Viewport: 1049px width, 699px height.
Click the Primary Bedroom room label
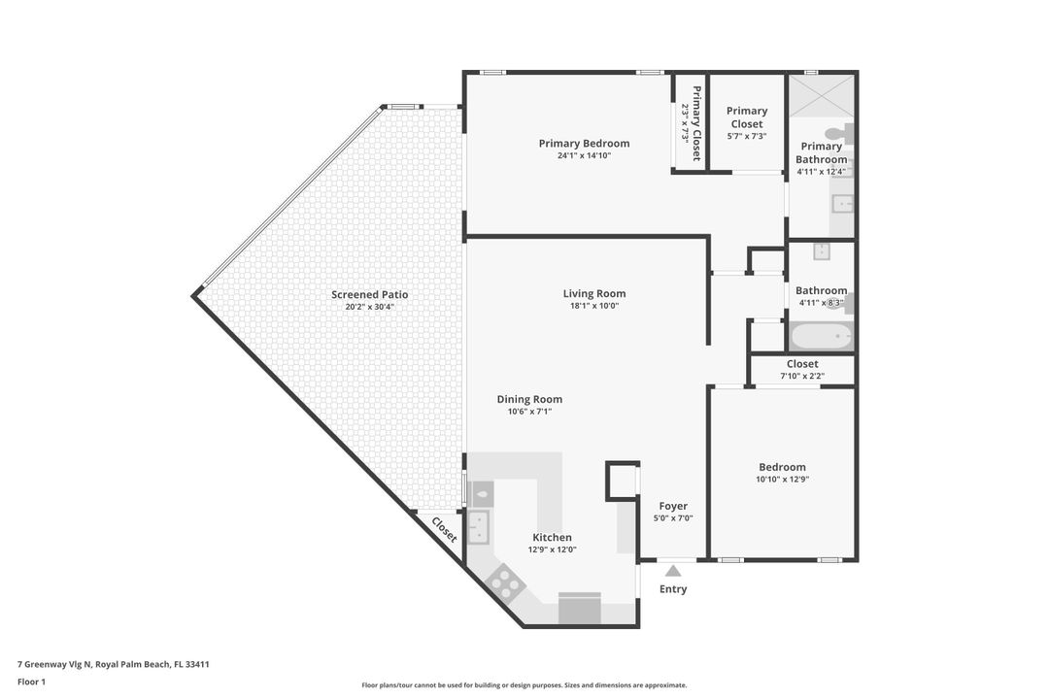pos(584,144)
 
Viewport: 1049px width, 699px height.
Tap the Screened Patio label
pos(369,294)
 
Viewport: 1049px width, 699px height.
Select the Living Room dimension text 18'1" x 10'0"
pos(593,306)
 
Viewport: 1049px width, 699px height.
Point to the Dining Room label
pos(529,399)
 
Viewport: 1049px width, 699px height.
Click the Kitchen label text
pos(552,537)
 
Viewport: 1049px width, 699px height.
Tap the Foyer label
pos(673,506)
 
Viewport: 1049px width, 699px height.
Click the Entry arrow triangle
pos(673,571)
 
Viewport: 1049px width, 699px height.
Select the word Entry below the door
pos(673,589)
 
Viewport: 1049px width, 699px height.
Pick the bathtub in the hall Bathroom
pos(821,337)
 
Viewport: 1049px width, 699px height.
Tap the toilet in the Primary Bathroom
pos(837,133)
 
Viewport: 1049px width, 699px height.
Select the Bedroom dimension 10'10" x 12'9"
pos(782,479)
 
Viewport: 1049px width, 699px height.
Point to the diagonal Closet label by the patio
pos(444,529)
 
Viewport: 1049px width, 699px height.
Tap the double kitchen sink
pos(478,527)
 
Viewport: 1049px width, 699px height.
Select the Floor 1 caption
pos(31,682)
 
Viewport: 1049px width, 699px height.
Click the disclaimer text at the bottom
pos(524,685)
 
